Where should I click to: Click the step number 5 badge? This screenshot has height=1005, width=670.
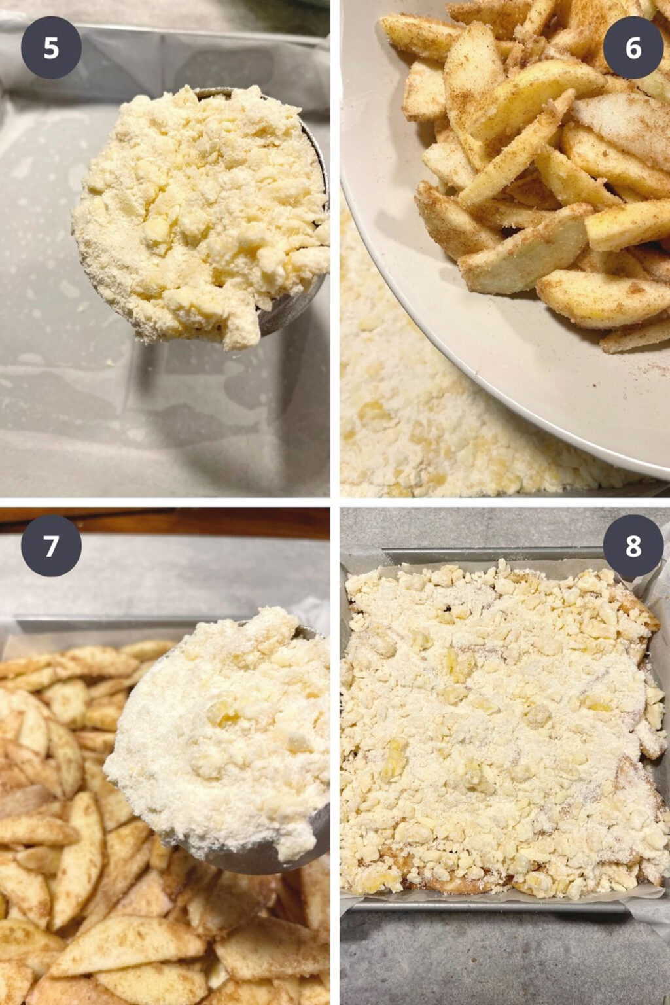[x=51, y=48]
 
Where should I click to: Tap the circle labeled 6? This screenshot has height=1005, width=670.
[x=633, y=48]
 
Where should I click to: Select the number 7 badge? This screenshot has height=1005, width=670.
[x=51, y=546]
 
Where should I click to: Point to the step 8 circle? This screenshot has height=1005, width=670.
[x=633, y=546]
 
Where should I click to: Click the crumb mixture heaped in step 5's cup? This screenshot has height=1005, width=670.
[x=196, y=209]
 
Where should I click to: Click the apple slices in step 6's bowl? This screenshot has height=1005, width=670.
[x=523, y=164]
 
